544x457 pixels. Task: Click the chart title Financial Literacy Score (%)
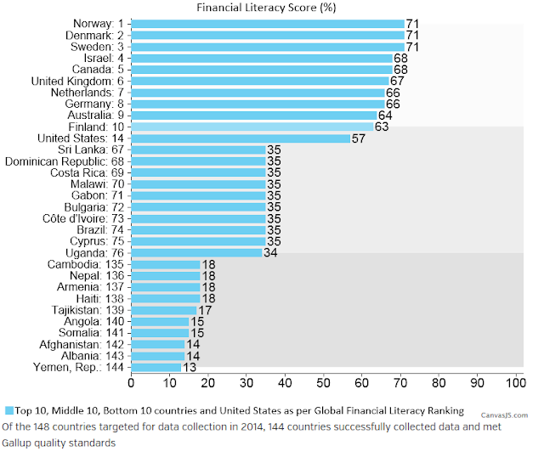pos(266,8)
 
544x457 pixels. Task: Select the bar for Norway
pos(268,24)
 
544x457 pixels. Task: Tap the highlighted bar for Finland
pos(252,127)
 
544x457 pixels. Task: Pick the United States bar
pos(241,138)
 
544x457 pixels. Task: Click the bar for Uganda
pos(196,253)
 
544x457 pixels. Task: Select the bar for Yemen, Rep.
pos(156,368)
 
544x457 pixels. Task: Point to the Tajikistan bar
pos(164,310)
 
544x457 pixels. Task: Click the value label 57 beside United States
pos(359,138)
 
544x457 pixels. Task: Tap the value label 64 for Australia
pos(385,116)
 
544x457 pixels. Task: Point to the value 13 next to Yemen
pos(190,368)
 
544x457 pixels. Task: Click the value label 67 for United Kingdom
pos(397,82)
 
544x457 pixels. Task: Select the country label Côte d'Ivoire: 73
pos(83,219)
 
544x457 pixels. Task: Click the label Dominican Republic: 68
pos(65,161)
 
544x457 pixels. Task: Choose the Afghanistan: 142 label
pos(82,345)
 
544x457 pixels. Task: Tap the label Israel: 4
pos(104,59)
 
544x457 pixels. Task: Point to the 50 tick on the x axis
pos(323,383)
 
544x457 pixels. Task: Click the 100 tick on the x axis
pos(516,383)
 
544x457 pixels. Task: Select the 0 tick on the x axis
pos(131,383)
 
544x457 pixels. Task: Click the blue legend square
pos(9,411)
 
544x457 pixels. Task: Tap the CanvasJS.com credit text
pos(504,415)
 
